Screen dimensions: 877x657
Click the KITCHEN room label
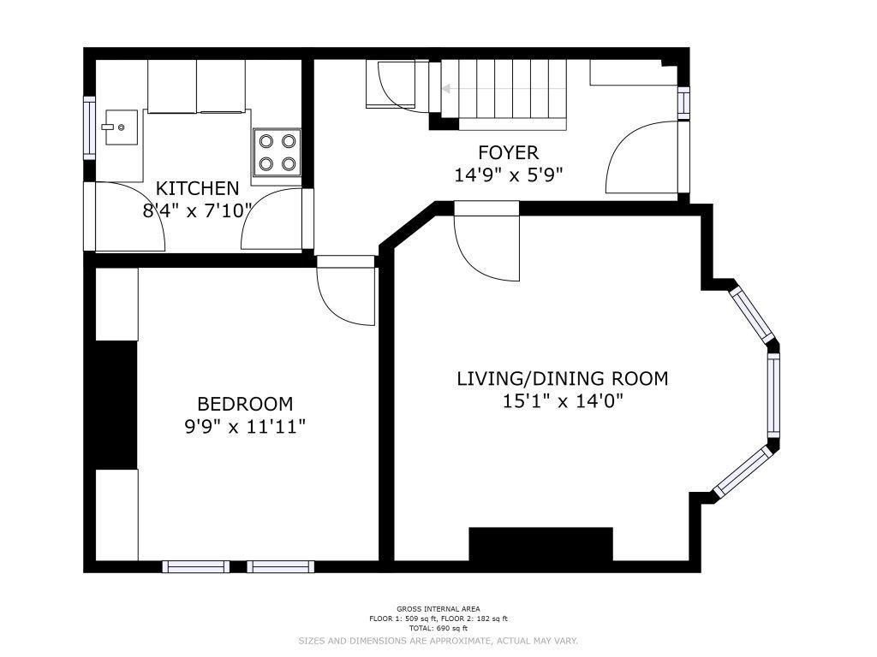click(x=197, y=188)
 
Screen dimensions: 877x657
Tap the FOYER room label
click(x=508, y=152)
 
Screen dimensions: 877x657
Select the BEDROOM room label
click(x=245, y=404)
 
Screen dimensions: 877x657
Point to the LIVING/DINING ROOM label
click(x=563, y=379)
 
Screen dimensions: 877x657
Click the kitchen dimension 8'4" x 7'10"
click(x=197, y=211)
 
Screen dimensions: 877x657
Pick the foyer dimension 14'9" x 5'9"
click(x=508, y=175)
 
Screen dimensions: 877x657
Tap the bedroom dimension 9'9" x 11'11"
click(x=245, y=427)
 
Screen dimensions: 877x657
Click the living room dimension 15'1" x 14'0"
click(x=563, y=401)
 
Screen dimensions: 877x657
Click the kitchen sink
click(x=121, y=127)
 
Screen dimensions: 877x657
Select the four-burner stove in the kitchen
click(x=277, y=152)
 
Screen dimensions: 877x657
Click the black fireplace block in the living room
click(x=541, y=544)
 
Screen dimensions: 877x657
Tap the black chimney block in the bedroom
click(x=116, y=405)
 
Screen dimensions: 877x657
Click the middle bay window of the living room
click(x=773, y=395)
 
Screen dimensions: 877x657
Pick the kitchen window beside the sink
click(x=89, y=127)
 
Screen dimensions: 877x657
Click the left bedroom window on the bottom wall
click(x=196, y=566)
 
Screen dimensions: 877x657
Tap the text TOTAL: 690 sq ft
click(x=438, y=629)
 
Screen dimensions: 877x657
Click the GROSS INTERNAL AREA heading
click(x=438, y=609)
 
